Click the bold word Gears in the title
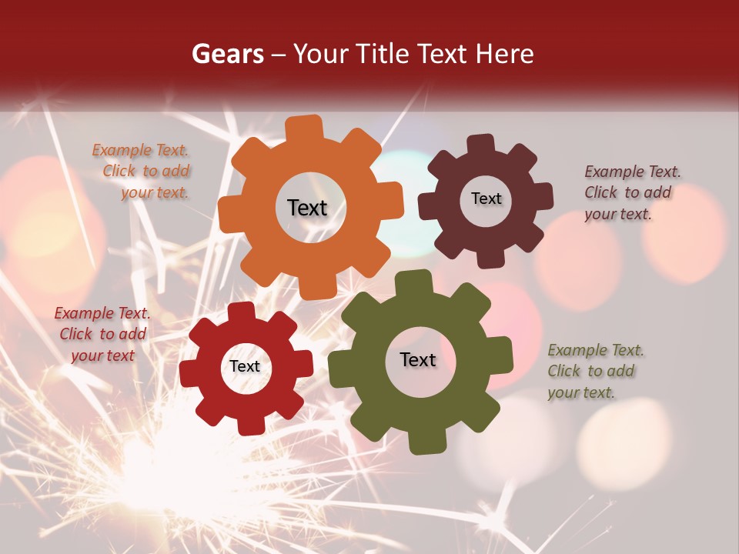click(x=227, y=54)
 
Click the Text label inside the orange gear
click(x=307, y=208)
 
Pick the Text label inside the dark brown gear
click(x=486, y=199)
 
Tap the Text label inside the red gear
click(x=245, y=366)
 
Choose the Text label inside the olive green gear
click(x=417, y=359)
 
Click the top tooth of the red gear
click(x=241, y=312)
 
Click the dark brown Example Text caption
click(x=631, y=192)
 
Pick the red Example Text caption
click(x=102, y=334)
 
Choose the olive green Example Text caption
click(x=594, y=371)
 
